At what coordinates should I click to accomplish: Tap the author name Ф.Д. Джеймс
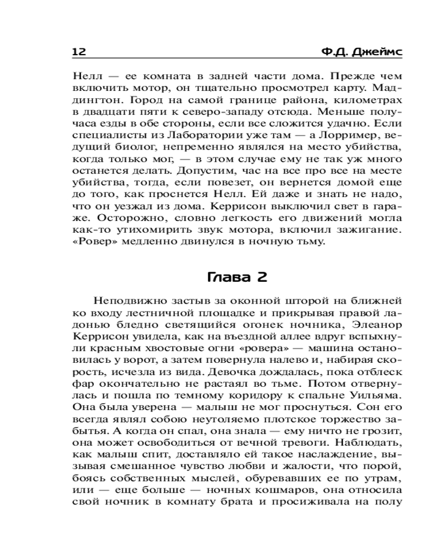point(362,52)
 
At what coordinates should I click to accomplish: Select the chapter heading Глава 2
point(237,277)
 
